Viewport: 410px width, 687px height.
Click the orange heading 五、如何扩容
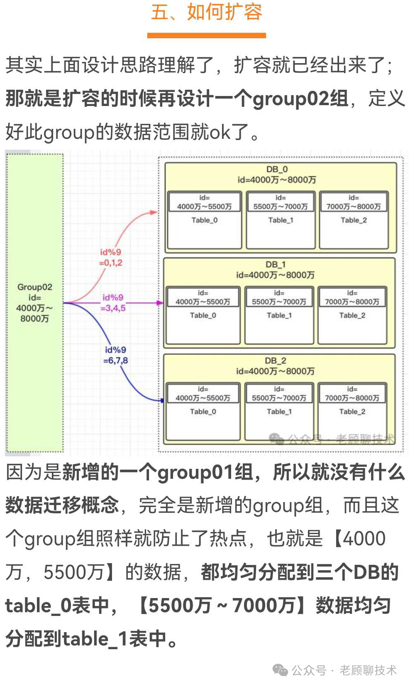[x=206, y=12]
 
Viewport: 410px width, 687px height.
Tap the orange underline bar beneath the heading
[x=206, y=36]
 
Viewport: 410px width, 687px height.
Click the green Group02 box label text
[x=34, y=303]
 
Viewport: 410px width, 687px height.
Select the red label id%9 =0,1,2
[x=110, y=257]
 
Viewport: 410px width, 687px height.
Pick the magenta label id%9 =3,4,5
[x=113, y=303]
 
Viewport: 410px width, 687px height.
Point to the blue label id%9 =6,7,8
[x=115, y=355]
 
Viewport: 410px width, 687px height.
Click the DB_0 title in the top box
[x=277, y=169]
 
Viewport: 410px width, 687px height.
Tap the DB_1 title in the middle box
[x=276, y=264]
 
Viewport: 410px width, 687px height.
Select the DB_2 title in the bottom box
[x=276, y=360]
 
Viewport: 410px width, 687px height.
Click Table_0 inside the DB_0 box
[x=204, y=220]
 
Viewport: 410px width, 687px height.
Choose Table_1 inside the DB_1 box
[x=279, y=315]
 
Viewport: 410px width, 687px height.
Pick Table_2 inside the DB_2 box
[x=352, y=411]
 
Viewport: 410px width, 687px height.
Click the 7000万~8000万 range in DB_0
[x=354, y=207]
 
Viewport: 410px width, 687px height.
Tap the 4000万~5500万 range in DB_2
[x=203, y=398]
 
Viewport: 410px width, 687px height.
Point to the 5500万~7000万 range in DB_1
[x=279, y=302]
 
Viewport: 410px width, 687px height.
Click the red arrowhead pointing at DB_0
[x=154, y=212]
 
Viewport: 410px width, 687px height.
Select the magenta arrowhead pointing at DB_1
[x=160, y=303]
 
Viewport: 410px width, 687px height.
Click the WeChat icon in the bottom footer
[x=280, y=670]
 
